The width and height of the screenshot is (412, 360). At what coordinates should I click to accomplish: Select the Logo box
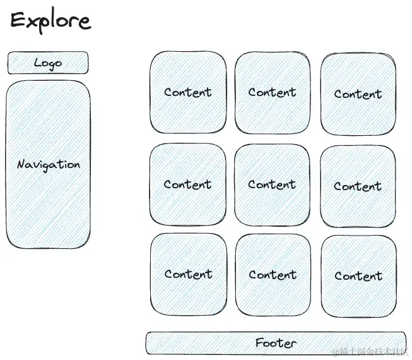48,63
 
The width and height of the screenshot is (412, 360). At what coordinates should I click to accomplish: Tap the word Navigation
49,164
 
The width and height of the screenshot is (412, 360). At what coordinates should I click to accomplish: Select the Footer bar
276,343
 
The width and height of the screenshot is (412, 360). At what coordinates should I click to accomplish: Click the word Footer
276,343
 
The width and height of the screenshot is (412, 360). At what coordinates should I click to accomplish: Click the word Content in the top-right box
358,94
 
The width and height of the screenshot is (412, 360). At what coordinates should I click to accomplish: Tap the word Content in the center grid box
272,184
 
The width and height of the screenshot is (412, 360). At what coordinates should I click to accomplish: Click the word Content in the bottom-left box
188,274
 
